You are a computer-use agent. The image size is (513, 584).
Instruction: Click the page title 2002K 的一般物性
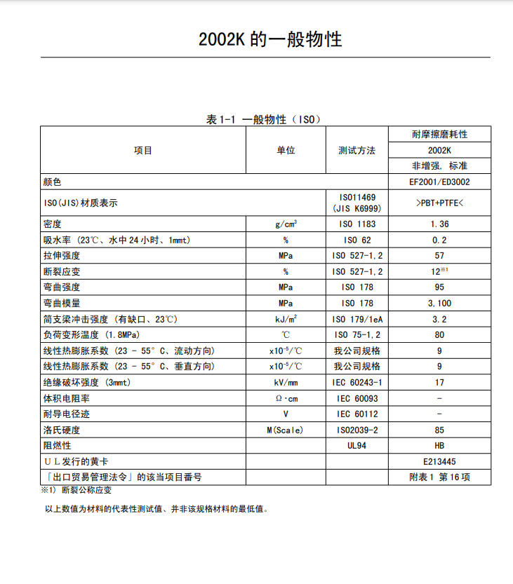[x=270, y=39]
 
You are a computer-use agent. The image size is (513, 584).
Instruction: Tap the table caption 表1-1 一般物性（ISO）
[x=263, y=120]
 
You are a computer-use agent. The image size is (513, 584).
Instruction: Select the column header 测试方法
[x=357, y=150]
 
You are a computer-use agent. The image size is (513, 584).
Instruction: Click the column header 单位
[x=286, y=150]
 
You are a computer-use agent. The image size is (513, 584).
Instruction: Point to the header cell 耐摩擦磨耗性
[x=439, y=134]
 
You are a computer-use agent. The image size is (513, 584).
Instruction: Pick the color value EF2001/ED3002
[x=439, y=182]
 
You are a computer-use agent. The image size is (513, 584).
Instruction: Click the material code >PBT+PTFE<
[x=439, y=203]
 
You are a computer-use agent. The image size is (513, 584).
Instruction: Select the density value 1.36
[x=439, y=224]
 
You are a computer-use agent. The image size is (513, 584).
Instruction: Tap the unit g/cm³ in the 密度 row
[x=286, y=224]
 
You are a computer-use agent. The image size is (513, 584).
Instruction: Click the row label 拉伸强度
[x=62, y=256]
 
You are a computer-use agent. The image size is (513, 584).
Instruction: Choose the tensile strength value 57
[x=439, y=256]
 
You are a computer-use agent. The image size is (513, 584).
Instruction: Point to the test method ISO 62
[x=357, y=240]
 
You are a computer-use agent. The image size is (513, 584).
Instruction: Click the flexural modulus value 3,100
[x=439, y=304]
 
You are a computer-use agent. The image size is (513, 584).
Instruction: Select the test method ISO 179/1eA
[x=357, y=319]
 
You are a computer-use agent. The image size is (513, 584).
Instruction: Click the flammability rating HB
[x=439, y=446]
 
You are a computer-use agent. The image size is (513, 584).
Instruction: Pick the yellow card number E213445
[x=439, y=462]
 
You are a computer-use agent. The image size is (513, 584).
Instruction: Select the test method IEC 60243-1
[x=357, y=383]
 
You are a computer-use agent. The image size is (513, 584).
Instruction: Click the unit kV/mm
[x=286, y=383]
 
